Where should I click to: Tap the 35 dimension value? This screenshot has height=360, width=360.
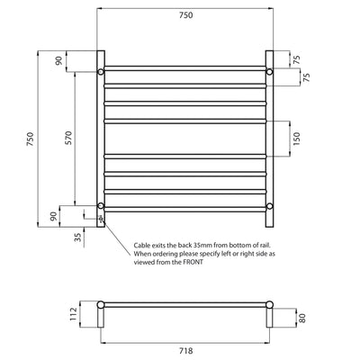77,238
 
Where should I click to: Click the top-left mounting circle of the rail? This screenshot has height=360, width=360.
102,71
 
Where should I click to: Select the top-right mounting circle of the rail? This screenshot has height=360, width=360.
269,71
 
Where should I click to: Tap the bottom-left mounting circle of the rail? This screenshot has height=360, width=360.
102,207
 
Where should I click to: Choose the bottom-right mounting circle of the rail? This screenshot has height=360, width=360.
269,207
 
